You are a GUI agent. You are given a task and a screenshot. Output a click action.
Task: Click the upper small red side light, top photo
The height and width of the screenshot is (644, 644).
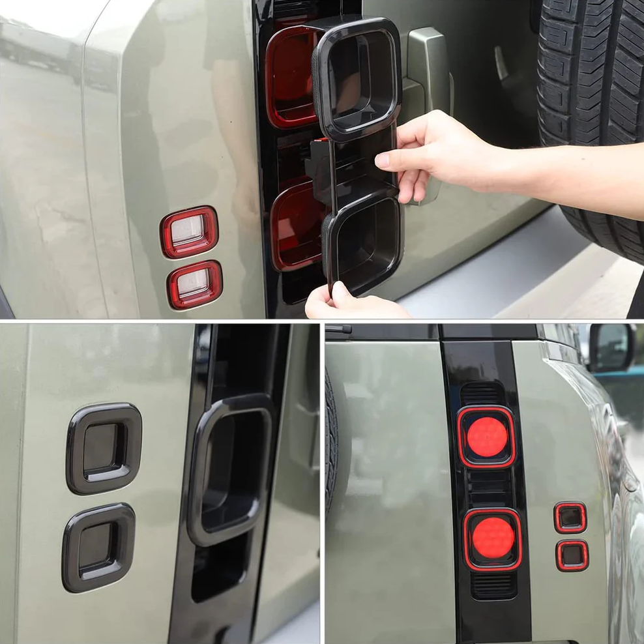[189, 231]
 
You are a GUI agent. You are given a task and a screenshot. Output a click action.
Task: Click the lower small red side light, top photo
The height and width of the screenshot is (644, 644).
[194, 284]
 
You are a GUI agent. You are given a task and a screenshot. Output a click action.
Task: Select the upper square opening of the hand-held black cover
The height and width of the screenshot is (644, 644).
[357, 77]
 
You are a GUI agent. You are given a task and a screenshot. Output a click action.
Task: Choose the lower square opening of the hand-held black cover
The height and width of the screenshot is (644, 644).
[364, 241]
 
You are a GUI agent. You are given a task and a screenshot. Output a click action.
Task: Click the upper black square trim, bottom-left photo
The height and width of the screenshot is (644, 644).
[104, 448]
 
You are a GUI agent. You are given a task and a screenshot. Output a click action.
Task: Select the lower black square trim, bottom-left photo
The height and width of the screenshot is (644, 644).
[99, 548]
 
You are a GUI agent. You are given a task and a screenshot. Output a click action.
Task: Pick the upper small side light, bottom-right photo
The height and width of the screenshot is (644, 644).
[570, 517]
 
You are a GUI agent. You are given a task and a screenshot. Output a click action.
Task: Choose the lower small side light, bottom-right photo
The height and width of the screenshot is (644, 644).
[572, 555]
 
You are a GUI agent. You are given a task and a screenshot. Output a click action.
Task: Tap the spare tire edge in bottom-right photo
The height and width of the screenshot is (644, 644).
[331, 443]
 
